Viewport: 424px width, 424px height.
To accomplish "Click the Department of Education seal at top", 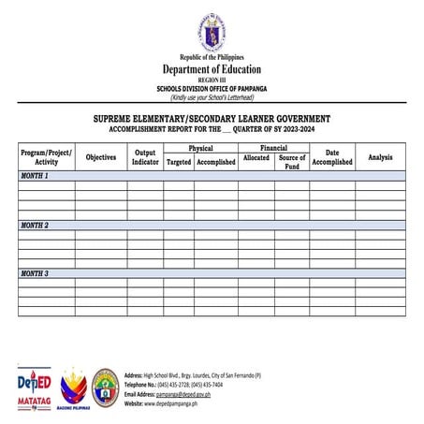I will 211,34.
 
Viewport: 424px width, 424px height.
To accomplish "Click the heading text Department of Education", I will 212,69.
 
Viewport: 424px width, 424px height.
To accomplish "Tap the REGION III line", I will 212,80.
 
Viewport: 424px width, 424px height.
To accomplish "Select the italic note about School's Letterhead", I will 212,96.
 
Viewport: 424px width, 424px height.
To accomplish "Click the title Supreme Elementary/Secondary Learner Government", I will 212,119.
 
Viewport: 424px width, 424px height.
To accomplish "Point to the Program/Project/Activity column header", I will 46,156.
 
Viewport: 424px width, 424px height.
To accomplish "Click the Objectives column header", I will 101,157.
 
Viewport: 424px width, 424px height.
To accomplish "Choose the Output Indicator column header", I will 145,156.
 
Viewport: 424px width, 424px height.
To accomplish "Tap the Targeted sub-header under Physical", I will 179,162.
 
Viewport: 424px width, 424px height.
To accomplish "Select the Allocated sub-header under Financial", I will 256,158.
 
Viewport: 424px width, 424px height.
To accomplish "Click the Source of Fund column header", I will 292,162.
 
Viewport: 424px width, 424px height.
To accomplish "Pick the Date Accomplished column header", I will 331,156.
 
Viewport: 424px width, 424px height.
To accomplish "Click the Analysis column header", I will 380,157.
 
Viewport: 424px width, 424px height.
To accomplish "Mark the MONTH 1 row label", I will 35,176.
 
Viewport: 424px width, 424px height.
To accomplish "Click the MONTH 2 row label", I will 35,226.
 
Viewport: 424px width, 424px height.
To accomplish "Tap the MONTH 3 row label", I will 35,273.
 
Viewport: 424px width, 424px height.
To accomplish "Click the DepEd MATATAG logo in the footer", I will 35,389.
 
